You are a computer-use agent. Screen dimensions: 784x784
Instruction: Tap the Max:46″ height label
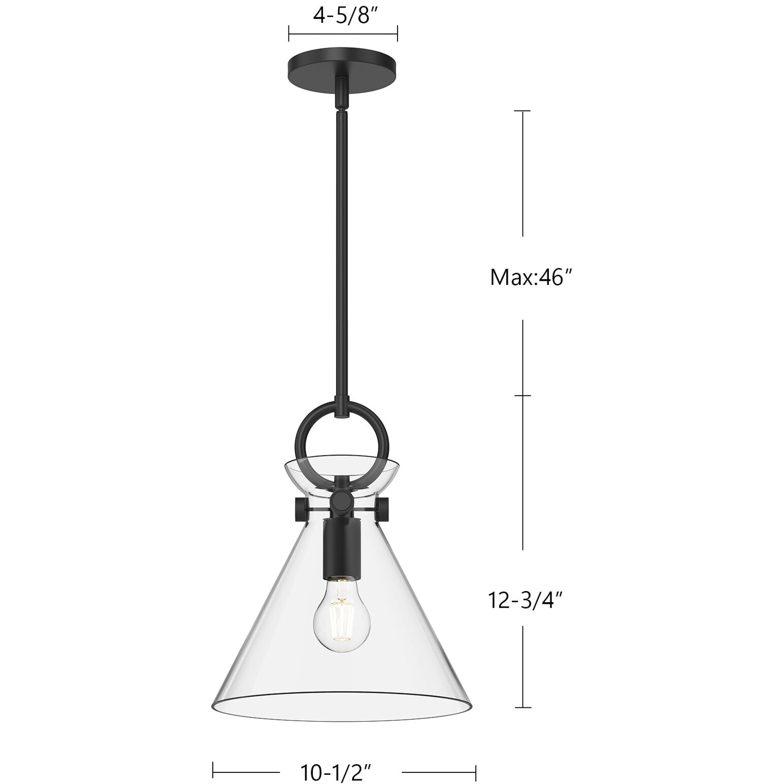(x=527, y=278)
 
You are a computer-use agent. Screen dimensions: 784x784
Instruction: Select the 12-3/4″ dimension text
(x=526, y=600)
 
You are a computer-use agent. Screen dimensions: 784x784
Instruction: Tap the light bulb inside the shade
(x=341, y=624)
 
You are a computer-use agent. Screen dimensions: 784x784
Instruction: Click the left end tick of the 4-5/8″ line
(x=288, y=34)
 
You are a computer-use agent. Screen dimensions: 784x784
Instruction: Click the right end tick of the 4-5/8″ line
(x=397, y=34)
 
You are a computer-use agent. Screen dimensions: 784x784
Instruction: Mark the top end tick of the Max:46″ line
(x=523, y=111)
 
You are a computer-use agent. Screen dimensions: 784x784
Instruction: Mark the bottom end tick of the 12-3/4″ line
(x=523, y=707)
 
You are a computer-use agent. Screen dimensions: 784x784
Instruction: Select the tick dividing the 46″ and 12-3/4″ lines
(x=523, y=396)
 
